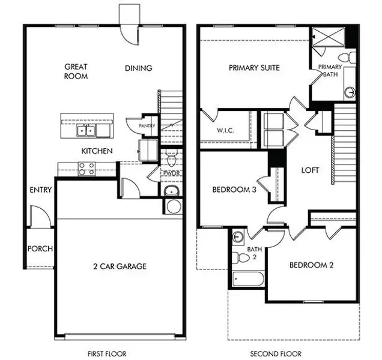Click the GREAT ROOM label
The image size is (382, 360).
click(x=76, y=71)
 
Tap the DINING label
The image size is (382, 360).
click(x=138, y=68)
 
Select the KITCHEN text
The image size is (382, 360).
click(x=97, y=151)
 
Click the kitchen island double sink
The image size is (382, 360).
click(x=88, y=130)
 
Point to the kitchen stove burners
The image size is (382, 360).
click(x=86, y=169)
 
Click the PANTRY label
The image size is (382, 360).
click(x=147, y=126)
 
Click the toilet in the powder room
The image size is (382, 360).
click(x=171, y=159)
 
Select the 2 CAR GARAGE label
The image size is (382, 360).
click(x=119, y=266)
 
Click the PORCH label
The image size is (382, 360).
click(x=40, y=249)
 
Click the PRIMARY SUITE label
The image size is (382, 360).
click(x=254, y=68)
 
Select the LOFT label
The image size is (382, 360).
click(x=310, y=170)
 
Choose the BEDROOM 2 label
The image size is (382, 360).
click(x=311, y=265)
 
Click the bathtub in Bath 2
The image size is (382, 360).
click(x=248, y=278)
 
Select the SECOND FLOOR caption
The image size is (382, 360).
click(x=276, y=353)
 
